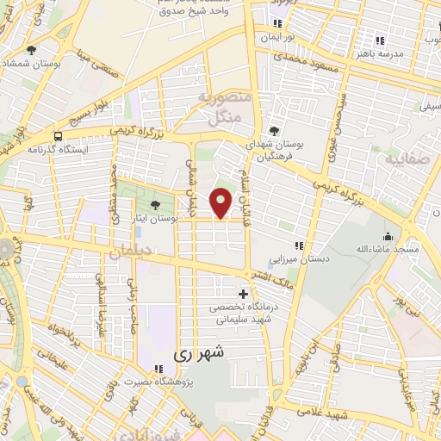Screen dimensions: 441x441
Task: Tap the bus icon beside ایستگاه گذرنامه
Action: click(x=58, y=136)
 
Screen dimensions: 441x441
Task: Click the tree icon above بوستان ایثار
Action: click(x=155, y=205)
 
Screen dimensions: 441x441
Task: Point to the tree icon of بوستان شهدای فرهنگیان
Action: click(x=275, y=130)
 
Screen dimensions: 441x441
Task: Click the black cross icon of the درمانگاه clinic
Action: click(x=243, y=294)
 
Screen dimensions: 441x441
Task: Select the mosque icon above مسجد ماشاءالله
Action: click(x=388, y=237)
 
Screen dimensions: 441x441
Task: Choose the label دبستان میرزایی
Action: click(x=297, y=258)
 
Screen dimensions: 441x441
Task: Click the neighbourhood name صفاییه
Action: click(x=405, y=158)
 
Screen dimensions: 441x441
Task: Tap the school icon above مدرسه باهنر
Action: click(x=379, y=40)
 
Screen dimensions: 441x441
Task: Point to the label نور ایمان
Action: click(x=278, y=39)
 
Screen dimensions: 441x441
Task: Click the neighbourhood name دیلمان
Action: click(x=129, y=251)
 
